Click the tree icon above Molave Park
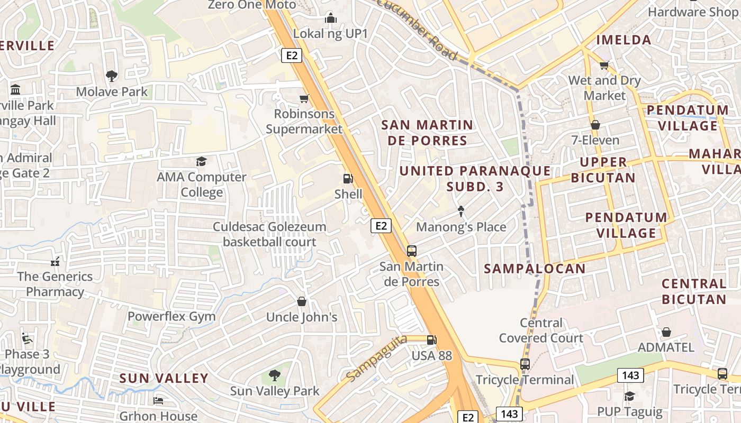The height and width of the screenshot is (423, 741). (111, 76)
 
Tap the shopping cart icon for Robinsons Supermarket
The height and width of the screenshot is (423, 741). (304, 98)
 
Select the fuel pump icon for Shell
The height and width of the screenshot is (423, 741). (348, 179)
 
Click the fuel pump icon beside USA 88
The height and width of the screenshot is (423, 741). (432, 340)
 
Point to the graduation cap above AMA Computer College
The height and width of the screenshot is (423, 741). (201, 161)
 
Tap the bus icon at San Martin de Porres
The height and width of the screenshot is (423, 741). (412, 251)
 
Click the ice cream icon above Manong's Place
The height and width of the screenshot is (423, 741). (461, 212)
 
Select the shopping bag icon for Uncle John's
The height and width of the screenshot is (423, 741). (302, 301)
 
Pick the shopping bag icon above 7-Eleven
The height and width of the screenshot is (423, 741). (595, 125)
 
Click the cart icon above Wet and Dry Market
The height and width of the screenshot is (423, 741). (604, 65)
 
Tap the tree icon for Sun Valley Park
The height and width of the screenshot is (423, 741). (274, 375)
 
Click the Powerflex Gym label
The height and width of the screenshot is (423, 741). (171, 317)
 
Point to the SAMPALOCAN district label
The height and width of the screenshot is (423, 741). (535, 269)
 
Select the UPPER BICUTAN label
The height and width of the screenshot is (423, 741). (603, 170)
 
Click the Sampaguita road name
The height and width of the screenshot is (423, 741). (377, 358)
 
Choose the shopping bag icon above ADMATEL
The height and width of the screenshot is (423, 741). (666, 332)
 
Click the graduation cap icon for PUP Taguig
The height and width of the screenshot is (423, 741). (629, 396)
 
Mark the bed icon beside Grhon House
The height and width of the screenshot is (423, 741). (158, 400)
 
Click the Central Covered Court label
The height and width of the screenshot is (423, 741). (541, 330)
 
